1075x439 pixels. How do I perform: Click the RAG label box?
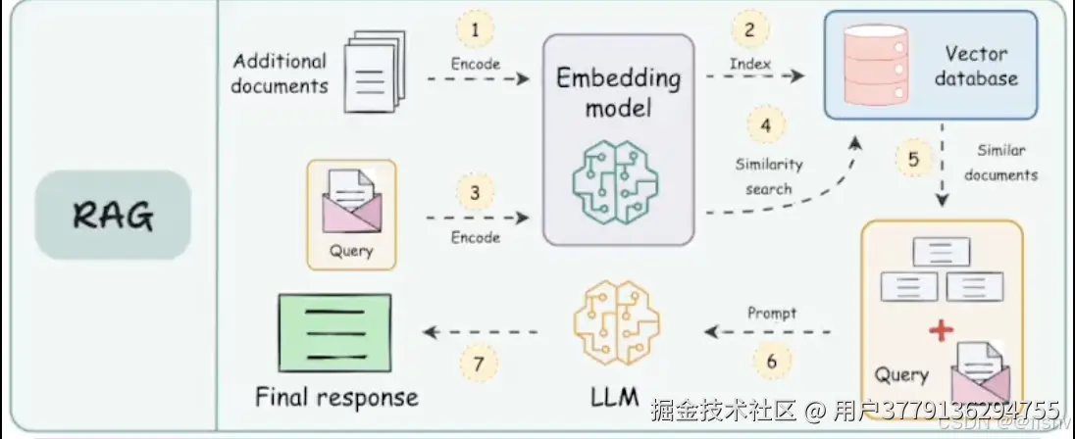tap(113, 215)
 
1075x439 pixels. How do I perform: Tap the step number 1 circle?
tap(476, 30)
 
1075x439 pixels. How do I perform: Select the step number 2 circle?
tap(749, 30)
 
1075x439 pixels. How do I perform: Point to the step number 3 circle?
tap(476, 193)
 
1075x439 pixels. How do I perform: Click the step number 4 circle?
tap(766, 125)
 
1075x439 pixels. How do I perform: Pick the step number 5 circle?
tap(913, 160)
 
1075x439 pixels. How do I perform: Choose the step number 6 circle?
tap(771, 362)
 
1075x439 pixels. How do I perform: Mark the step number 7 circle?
tap(479, 362)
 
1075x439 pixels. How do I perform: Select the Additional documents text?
tap(280, 73)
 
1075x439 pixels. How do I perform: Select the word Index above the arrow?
tap(749, 65)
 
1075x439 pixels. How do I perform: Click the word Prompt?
tap(772, 314)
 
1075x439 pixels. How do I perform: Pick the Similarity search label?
tap(769, 176)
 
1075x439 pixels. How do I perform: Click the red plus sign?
tap(942, 331)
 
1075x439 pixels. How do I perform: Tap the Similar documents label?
tap(1000, 163)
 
